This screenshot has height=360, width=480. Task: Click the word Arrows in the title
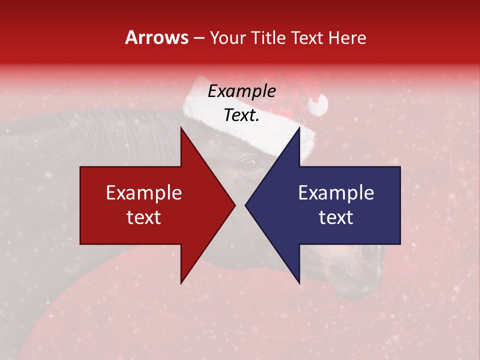click(x=156, y=37)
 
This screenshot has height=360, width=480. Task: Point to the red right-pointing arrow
click(x=150, y=205)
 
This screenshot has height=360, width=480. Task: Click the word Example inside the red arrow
click(x=144, y=193)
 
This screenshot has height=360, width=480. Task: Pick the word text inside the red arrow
click(x=144, y=217)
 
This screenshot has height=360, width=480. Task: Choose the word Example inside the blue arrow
click(x=336, y=193)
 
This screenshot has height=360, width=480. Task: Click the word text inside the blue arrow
click(x=336, y=217)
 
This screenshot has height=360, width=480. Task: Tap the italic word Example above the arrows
click(x=241, y=91)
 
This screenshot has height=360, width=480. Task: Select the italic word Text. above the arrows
click(x=241, y=115)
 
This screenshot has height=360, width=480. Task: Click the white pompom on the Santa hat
click(x=317, y=104)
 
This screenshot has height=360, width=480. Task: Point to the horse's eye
click(x=247, y=162)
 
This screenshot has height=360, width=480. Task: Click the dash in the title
click(x=198, y=38)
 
